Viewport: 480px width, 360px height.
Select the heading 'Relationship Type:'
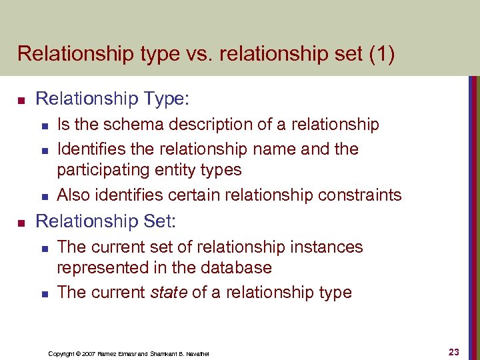coord(113,99)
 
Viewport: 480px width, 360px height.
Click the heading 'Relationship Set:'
coord(108,221)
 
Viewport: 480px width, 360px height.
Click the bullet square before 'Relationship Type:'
coord(21,101)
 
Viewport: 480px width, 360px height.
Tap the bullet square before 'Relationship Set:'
coord(21,222)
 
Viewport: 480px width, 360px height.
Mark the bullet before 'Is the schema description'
coord(43,125)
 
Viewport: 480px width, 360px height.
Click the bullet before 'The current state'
coord(43,293)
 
